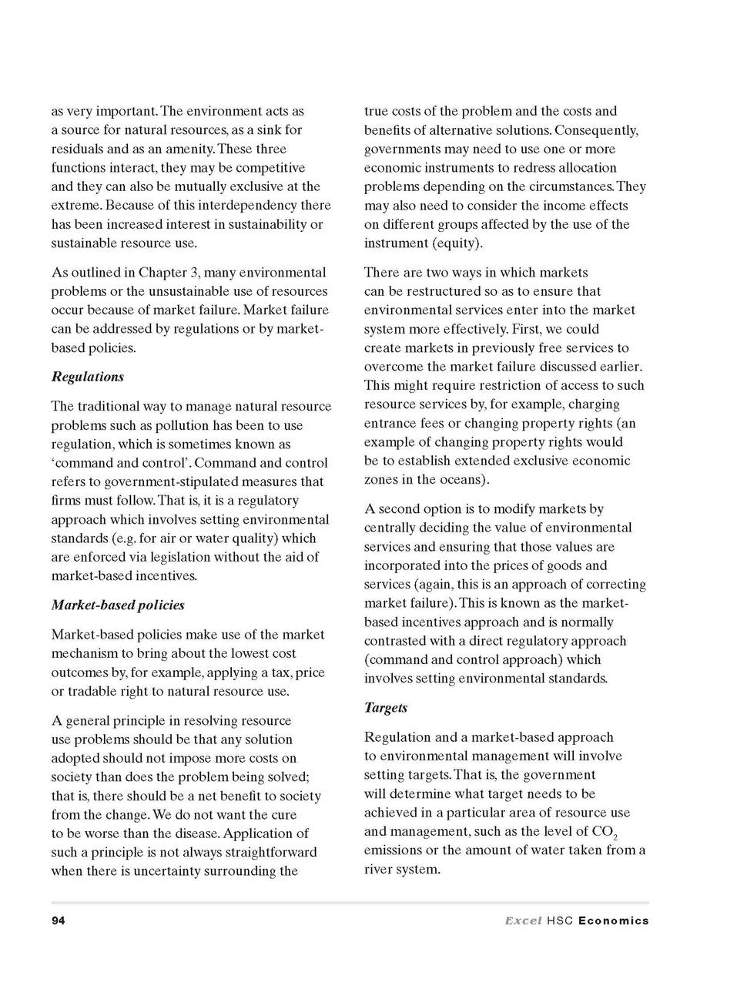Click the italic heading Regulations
point(87,377)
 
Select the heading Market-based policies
point(118,605)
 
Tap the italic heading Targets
point(386,707)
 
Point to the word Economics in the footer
point(613,921)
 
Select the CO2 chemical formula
point(606,833)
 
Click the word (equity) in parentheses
point(454,243)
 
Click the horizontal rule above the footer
point(350,902)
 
